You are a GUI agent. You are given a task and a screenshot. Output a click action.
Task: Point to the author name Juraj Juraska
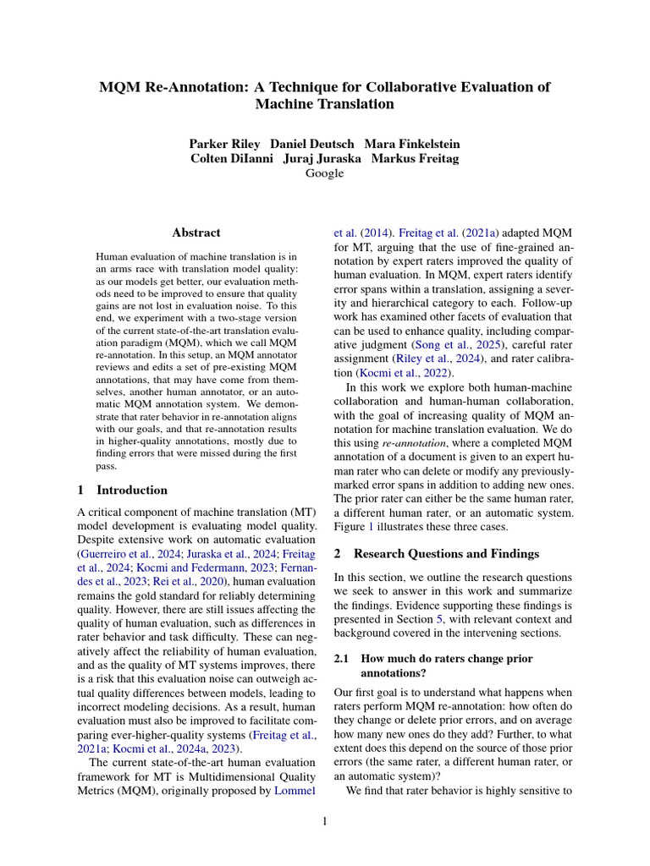coord(326,158)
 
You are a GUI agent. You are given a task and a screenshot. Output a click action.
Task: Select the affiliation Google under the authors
coord(324,173)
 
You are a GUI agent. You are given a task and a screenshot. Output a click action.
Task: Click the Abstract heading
coord(196,233)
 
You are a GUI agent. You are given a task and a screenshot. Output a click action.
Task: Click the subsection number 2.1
coord(343,658)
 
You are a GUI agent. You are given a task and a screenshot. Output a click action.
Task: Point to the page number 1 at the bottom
coord(325,820)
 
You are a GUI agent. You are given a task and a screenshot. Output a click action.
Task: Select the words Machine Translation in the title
coord(324,105)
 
